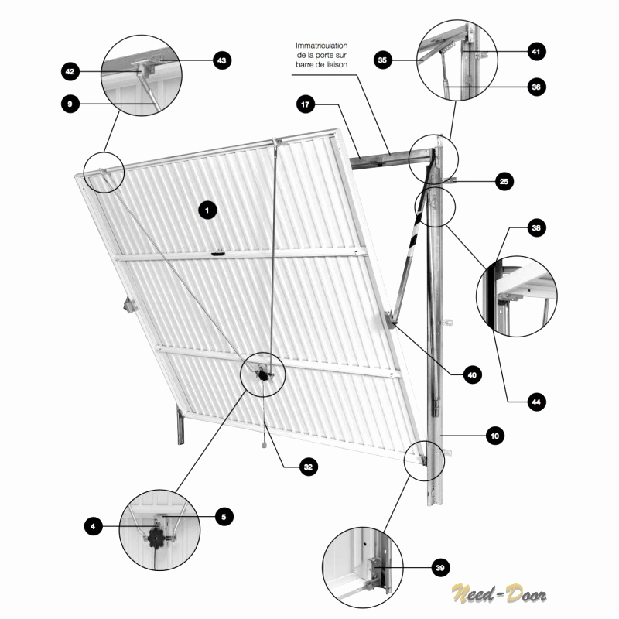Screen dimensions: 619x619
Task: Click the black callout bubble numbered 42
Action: (x=70, y=71)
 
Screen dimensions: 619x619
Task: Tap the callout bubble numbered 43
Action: (x=222, y=60)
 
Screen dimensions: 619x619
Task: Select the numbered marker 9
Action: (x=70, y=104)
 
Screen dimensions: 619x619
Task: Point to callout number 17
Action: (x=306, y=104)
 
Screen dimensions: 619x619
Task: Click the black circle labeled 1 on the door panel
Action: (x=207, y=210)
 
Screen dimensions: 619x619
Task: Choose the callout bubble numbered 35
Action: (x=382, y=60)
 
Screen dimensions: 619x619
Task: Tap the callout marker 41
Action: (x=536, y=51)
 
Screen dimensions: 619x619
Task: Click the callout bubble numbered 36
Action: (x=536, y=87)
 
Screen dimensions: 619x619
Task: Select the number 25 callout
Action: (x=504, y=181)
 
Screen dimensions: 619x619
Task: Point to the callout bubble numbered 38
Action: (x=536, y=227)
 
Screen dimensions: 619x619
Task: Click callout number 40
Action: (x=473, y=374)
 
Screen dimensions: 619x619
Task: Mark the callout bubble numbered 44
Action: (x=536, y=402)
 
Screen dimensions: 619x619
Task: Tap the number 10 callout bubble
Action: (x=495, y=436)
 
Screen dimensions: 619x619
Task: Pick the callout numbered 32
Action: (x=308, y=467)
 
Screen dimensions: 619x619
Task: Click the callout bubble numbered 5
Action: (x=224, y=517)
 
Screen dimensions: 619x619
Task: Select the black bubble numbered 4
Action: (x=94, y=526)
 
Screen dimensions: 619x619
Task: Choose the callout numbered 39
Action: (x=440, y=568)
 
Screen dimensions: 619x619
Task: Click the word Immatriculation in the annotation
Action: (x=321, y=46)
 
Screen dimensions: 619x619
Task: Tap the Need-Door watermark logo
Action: (x=499, y=593)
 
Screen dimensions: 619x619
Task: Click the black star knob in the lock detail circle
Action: (x=156, y=538)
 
